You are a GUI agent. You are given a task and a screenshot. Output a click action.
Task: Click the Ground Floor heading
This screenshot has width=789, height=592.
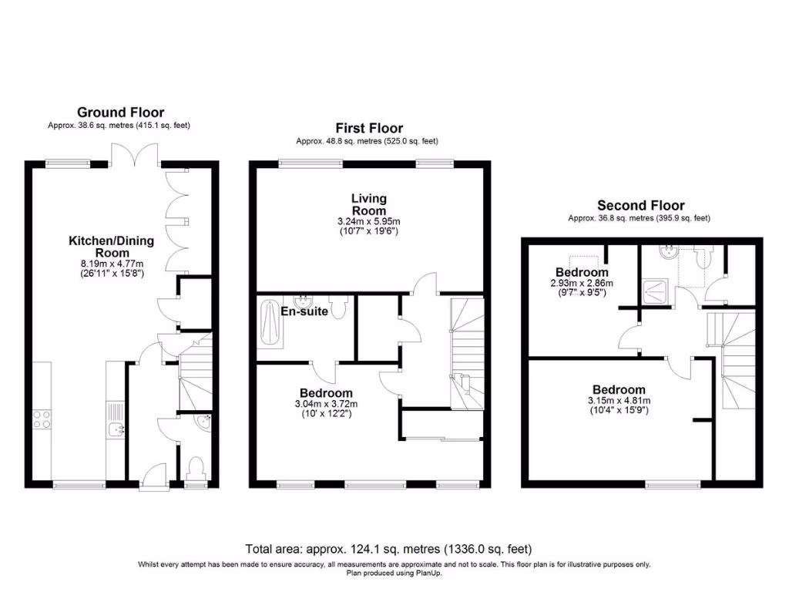click(120, 113)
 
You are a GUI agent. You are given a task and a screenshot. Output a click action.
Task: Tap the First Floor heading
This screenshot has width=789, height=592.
click(368, 128)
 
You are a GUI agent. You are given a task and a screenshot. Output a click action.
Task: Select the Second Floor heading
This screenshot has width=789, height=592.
click(640, 205)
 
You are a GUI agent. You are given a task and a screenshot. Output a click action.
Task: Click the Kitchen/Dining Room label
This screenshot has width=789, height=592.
click(111, 247)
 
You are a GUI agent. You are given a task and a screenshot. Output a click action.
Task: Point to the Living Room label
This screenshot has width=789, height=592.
click(368, 205)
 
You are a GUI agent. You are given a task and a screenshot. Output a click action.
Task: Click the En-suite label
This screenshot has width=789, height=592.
click(304, 312)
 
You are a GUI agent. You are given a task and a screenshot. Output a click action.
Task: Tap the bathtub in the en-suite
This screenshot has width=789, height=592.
click(269, 324)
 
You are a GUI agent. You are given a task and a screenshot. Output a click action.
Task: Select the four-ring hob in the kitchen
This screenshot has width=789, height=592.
click(41, 419)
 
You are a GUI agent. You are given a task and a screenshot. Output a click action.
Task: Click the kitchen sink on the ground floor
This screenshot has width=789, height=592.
click(115, 430)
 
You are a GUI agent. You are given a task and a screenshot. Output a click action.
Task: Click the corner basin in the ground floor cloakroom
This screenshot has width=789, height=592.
click(204, 421)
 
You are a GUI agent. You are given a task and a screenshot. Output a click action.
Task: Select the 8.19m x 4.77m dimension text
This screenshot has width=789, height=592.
click(112, 262)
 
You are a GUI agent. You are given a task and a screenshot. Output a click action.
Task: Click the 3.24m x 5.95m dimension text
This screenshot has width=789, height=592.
click(368, 221)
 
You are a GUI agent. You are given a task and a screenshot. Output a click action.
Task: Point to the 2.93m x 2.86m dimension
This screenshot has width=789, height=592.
click(582, 283)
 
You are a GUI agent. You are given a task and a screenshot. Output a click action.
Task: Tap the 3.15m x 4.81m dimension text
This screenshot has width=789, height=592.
click(618, 401)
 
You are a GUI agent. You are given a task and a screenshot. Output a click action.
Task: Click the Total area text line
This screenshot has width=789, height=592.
click(388, 550)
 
